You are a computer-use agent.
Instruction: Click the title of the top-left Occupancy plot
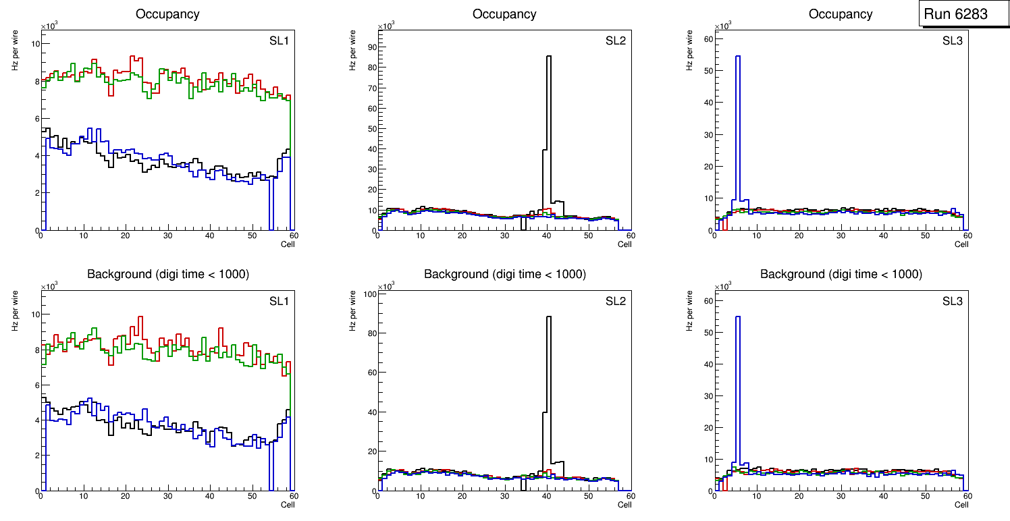point(167,13)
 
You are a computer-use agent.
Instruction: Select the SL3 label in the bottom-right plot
point(952,301)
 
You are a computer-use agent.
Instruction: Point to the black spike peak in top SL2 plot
point(548,57)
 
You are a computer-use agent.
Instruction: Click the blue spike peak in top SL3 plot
point(737,57)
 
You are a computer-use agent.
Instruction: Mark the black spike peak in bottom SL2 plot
point(548,317)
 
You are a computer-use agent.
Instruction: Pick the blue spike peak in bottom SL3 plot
point(737,317)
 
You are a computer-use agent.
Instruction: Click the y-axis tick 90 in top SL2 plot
point(370,47)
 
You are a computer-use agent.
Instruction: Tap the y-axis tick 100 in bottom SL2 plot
point(368,294)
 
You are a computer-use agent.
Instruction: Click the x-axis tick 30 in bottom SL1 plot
point(167,497)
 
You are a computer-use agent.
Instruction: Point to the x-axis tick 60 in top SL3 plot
point(967,236)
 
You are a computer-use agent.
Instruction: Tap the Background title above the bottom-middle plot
point(504,274)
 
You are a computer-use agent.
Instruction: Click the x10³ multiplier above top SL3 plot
point(723,26)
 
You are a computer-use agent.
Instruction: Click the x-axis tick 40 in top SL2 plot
point(546,236)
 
